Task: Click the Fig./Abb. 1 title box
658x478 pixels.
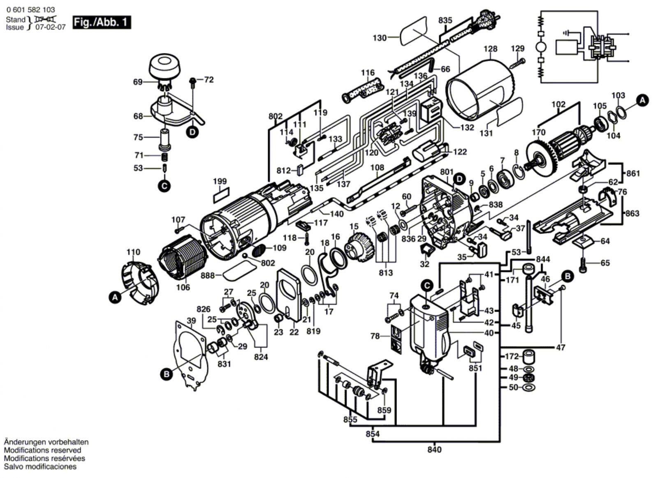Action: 102,22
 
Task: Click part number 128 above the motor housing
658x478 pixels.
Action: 490,49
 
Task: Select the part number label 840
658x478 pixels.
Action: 434,450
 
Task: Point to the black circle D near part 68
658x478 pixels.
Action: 192,132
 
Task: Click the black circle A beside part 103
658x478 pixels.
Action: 643,100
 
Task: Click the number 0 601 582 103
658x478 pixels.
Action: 30,10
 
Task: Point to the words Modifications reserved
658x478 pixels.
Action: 42,450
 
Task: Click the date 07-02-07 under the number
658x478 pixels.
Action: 50,28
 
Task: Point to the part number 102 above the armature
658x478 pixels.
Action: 558,104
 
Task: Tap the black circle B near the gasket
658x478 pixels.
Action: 167,374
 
